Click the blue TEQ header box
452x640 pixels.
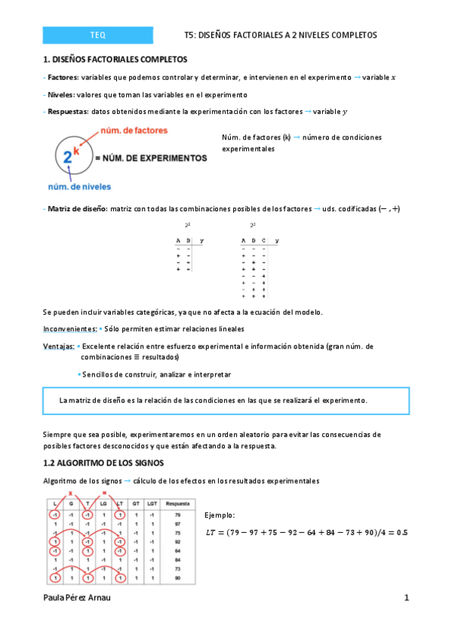click(98, 35)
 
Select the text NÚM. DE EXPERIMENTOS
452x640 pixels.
click(151, 158)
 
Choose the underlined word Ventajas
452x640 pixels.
click(58, 346)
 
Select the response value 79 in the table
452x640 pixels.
click(177, 513)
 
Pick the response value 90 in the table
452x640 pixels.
click(177, 577)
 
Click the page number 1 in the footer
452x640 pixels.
click(406, 598)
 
